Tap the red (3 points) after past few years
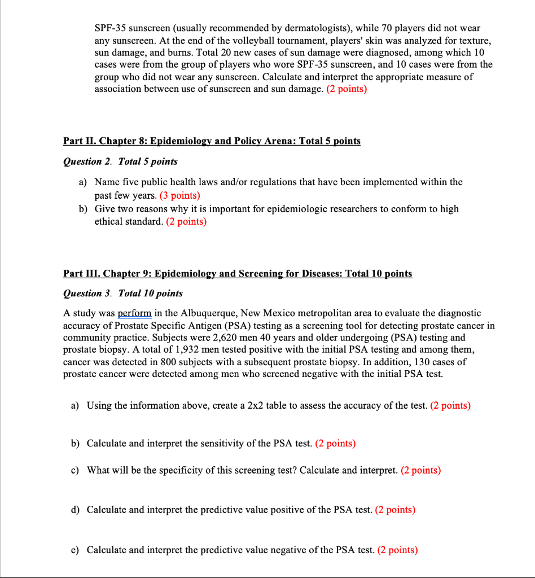click(x=180, y=195)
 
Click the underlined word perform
click(x=134, y=313)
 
